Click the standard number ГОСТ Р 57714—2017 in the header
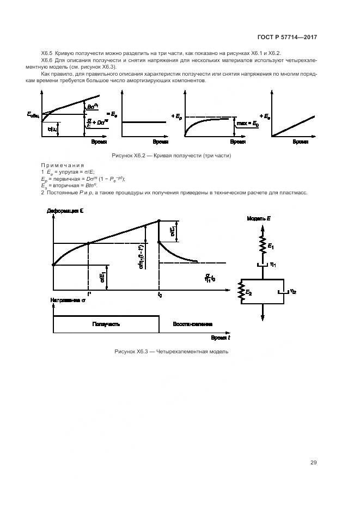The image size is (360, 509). (x=287, y=38)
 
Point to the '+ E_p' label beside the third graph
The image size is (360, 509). (x=176, y=116)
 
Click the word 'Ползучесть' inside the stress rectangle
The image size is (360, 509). (x=106, y=324)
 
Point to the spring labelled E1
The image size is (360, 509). (x=263, y=246)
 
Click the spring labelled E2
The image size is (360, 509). (x=241, y=293)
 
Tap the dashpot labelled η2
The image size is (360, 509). (x=285, y=292)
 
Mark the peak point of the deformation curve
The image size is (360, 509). (x=158, y=220)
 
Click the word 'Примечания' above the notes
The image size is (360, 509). (x=62, y=165)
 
